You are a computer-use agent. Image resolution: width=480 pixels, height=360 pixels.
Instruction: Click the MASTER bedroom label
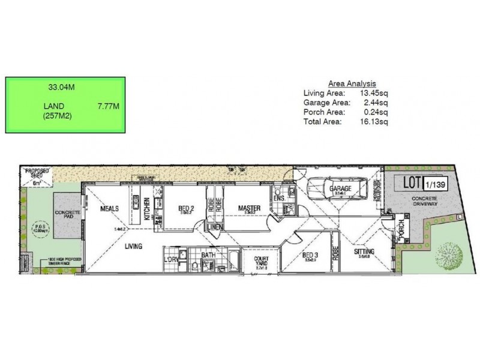tap(248, 208)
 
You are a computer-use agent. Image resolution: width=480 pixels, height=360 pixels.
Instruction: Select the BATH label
tap(208, 255)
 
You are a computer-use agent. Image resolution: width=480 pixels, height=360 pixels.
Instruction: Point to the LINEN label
tap(214, 226)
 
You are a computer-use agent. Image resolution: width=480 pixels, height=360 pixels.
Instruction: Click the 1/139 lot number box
tap(436, 185)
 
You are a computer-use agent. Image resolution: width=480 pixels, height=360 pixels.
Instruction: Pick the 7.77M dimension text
tap(109, 106)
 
